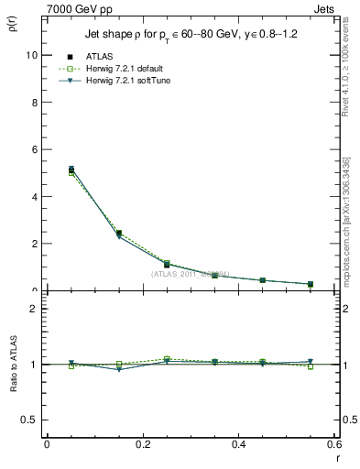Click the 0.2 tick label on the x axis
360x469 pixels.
coord(142,444)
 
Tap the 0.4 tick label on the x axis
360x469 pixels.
coord(238,444)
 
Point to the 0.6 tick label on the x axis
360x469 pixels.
coord(333,444)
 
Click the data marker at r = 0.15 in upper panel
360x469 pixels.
coord(118,234)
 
